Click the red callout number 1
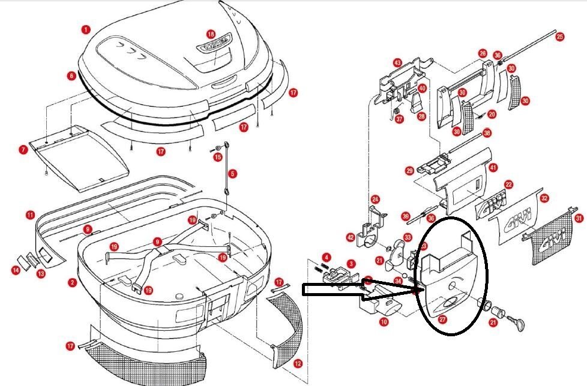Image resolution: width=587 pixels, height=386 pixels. coord(86,29)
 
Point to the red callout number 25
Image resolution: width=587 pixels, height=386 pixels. coord(559,37)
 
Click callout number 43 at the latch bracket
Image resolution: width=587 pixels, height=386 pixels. coord(397,62)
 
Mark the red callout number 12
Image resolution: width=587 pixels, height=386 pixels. coord(298,363)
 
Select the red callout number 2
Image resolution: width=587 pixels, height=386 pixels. coord(72,282)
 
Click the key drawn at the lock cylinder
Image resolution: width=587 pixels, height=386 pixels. coord(518,324)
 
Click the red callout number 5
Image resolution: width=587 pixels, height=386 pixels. coord(232,174)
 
